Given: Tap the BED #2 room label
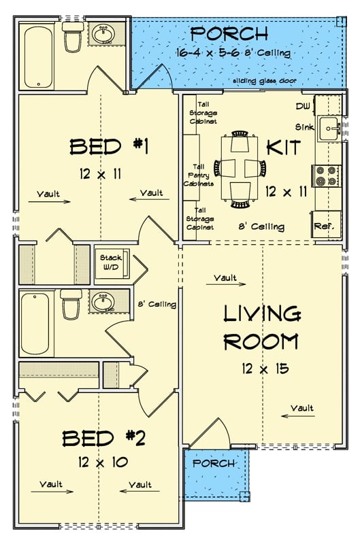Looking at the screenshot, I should (x=103, y=439).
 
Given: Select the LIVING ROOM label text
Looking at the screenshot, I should (x=262, y=327).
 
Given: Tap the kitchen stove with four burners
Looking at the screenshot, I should (x=325, y=175).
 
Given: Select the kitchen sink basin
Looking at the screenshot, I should (x=329, y=127).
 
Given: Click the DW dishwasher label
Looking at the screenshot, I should (x=304, y=107).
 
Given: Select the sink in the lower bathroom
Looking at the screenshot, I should (x=104, y=301).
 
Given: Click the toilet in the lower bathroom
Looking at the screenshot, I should (x=71, y=305).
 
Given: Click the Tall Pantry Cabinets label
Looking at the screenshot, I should (x=200, y=175).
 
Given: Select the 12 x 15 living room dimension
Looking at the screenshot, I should (x=264, y=369).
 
